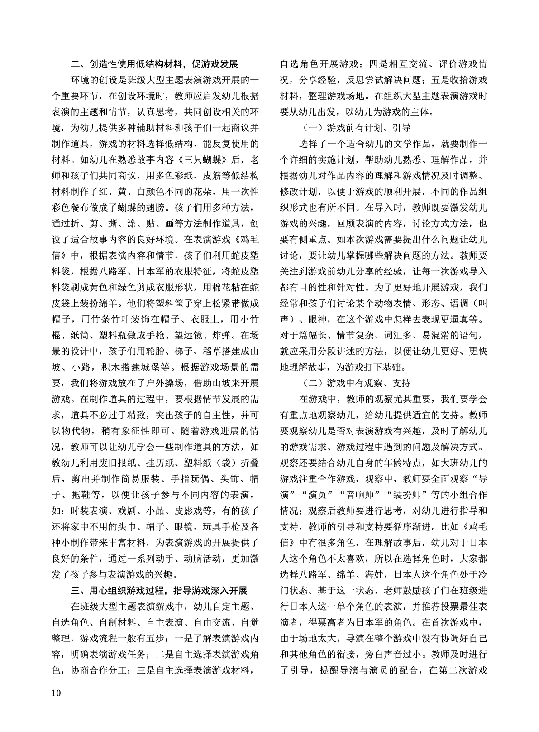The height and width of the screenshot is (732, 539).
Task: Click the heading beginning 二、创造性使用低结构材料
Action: [155, 64]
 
